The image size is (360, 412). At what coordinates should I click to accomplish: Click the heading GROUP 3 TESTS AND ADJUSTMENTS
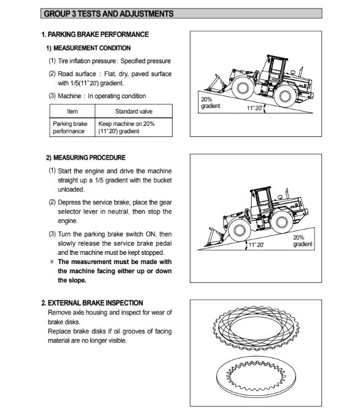(x=108, y=14)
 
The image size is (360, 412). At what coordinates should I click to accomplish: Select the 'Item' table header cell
(x=72, y=111)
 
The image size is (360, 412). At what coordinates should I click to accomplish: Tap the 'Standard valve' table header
(x=133, y=111)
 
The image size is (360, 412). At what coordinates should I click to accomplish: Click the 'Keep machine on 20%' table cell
(x=133, y=127)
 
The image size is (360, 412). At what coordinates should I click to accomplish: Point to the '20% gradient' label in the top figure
(x=210, y=103)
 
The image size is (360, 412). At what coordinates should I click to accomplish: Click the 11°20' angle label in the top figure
(x=254, y=107)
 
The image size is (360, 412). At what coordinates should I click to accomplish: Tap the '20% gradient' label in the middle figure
(x=303, y=241)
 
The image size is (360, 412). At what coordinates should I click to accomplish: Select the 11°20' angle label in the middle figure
(x=256, y=245)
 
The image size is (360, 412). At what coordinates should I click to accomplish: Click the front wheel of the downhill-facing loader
(x=243, y=88)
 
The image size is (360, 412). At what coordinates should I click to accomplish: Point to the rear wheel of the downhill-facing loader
(x=285, y=96)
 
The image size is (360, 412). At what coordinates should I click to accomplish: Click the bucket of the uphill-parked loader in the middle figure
(x=214, y=237)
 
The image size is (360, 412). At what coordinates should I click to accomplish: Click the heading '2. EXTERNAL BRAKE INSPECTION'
(x=92, y=303)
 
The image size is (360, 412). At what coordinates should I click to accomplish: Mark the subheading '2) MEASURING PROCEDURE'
(x=86, y=158)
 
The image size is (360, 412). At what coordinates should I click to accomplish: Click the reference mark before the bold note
(x=52, y=262)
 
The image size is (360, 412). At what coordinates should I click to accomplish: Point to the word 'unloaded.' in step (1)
(x=71, y=190)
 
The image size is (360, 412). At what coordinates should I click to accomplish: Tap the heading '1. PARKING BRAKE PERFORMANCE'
(x=95, y=34)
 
